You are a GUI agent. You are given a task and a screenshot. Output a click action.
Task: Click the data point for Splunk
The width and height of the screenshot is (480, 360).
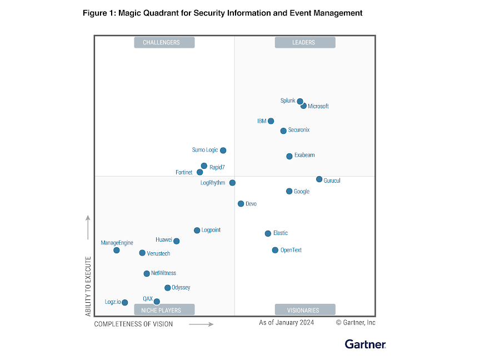[x=300, y=102]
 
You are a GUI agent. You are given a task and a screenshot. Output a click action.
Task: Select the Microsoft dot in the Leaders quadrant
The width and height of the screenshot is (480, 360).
[x=304, y=106]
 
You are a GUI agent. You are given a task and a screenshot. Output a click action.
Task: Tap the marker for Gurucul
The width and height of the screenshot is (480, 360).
[x=319, y=179]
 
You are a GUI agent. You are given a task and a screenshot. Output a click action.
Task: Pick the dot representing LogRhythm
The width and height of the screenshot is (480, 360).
[x=232, y=183]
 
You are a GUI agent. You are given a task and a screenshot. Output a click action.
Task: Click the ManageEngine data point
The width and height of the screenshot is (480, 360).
[x=117, y=251]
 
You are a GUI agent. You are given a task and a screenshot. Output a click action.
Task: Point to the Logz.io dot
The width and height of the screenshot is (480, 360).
[x=125, y=303]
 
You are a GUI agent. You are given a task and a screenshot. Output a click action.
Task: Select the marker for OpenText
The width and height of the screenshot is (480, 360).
[x=275, y=251]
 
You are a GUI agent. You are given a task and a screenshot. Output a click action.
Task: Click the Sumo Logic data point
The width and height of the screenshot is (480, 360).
[x=223, y=151]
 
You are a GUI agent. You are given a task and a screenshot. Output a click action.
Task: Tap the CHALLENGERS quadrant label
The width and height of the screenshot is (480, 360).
[x=164, y=43]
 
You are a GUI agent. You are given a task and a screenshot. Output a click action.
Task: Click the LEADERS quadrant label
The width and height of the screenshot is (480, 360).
[x=305, y=43]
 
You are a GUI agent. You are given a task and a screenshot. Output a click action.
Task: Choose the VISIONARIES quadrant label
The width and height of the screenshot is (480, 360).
[x=305, y=310]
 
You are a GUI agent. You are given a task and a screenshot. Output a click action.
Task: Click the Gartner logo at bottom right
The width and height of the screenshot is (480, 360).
[x=365, y=344]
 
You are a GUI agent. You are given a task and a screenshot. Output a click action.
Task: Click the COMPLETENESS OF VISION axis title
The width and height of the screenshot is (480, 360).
[x=133, y=324]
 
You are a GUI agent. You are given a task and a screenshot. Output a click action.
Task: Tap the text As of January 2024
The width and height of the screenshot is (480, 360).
[x=286, y=323]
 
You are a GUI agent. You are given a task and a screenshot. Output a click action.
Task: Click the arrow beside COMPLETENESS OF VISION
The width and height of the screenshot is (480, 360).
[x=201, y=324]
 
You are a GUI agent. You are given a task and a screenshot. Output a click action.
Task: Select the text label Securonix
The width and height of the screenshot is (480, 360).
[x=299, y=130]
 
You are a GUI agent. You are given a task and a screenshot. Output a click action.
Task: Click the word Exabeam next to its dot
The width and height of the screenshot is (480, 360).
[x=304, y=156]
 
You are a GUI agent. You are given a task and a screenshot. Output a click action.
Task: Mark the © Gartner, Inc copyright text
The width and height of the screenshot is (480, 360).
[x=356, y=323]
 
